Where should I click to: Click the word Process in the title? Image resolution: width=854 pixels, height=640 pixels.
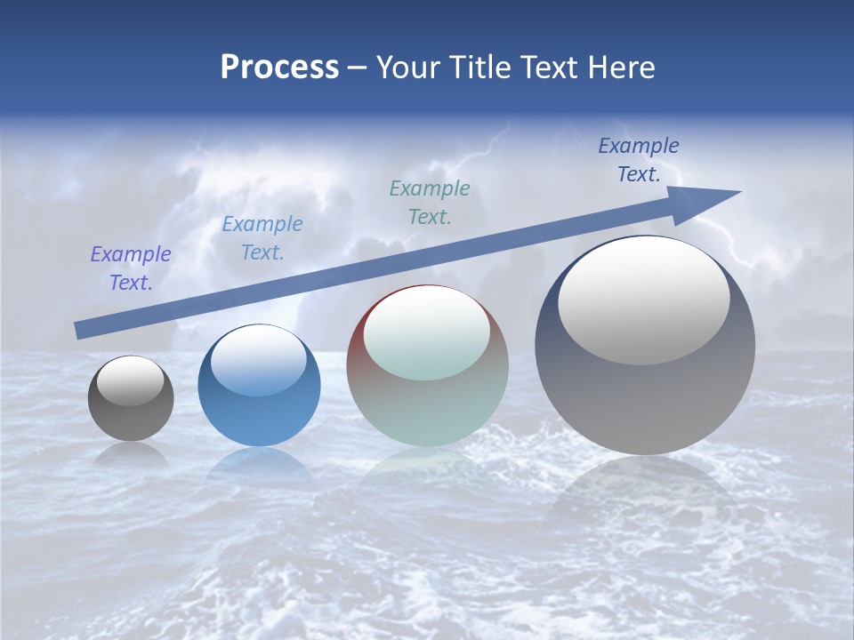pos(279,68)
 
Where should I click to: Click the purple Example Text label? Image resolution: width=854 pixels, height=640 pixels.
pos(131,268)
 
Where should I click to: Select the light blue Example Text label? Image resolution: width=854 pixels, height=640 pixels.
pos(262,238)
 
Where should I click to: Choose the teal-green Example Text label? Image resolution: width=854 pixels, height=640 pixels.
pos(430,203)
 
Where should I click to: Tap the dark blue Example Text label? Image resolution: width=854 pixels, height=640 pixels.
pos(639,160)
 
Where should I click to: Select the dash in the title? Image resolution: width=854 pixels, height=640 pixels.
pos(358,68)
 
